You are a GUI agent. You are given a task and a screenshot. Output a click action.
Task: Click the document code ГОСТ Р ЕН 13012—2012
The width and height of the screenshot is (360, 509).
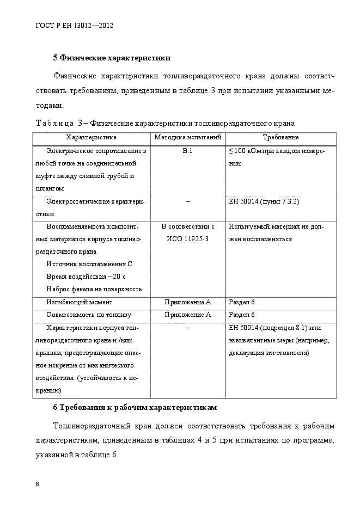[74, 25]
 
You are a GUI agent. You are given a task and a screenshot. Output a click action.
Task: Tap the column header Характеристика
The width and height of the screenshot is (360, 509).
[91, 138]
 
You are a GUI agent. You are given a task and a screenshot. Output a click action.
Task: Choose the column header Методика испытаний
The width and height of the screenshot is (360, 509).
[187, 138]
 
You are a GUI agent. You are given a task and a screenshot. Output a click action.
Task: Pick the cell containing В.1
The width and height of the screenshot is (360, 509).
[187, 151]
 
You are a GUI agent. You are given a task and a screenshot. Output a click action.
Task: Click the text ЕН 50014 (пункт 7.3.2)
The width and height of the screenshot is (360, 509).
[265, 201]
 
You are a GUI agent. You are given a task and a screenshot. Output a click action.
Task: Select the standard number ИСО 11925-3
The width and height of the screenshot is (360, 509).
[187, 238]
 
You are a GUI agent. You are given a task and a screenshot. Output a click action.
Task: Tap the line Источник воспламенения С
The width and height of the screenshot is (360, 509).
[89, 263]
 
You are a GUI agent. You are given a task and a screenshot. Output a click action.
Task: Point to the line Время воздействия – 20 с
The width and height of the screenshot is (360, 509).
[86, 276]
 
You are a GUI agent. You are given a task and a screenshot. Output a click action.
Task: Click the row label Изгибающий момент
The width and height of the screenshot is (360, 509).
[80, 302]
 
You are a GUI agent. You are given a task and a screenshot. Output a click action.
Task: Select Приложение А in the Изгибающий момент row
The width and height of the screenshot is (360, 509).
[187, 302]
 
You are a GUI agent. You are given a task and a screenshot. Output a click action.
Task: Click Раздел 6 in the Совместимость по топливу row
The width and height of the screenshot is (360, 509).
[242, 315]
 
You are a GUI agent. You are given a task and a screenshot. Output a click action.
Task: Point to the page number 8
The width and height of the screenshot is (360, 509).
[37, 484]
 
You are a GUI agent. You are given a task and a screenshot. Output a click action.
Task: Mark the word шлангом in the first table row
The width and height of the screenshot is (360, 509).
[48, 188]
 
